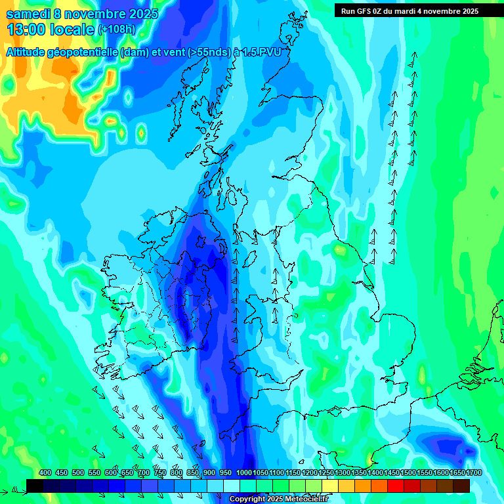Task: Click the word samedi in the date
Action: tap(27, 14)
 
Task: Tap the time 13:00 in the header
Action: tap(26, 30)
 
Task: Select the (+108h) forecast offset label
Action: tap(116, 30)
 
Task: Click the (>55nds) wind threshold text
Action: tap(207, 52)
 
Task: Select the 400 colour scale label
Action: tap(45, 472)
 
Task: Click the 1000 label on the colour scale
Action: tap(244, 472)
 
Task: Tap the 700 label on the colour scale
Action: tap(144, 472)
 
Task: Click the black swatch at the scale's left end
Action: tap(35, 486)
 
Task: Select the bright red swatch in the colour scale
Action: tap(396, 486)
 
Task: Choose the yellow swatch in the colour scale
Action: tap(330, 486)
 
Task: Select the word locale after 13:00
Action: tap(72, 30)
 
